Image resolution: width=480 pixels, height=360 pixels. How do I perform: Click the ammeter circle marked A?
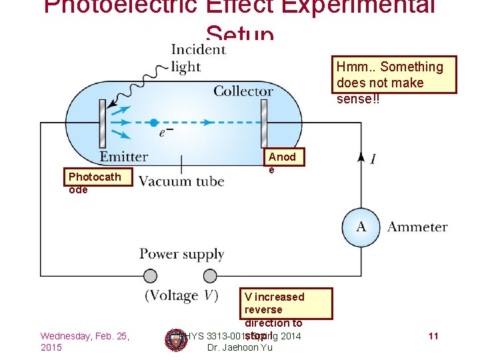(x=361, y=227)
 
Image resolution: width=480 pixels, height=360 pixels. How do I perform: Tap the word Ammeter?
(x=417, y=227)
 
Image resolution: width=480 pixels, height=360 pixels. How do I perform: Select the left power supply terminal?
(x=150, y=276)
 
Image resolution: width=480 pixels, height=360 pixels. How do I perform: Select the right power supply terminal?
(x=210, y=276)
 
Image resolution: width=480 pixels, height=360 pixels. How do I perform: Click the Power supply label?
(x=181, y=254)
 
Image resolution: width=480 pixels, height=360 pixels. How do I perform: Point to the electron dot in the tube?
(x=154, y=123)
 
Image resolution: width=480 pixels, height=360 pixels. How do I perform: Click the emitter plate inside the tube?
(x=103, y=123)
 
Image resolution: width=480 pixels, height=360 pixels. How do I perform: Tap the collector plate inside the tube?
(x=264, y=123)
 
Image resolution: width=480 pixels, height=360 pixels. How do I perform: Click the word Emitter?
(x=124, y=157)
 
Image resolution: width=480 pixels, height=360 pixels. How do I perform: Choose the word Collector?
(x=243, y=91)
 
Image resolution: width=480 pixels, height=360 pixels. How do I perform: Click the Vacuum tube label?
(x=181, y=181)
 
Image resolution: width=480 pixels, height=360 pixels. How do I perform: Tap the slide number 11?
(x=433, y=336)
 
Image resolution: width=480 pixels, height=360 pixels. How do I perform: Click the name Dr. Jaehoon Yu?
(x=239, y=348)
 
